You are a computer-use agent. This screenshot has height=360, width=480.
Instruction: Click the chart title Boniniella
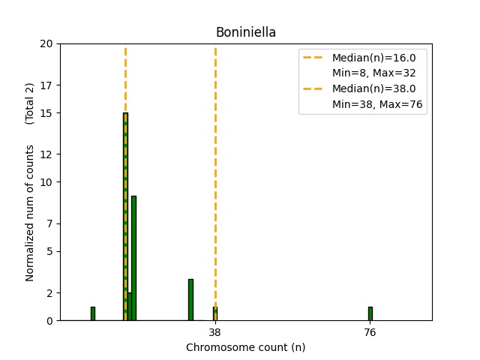[245, 32]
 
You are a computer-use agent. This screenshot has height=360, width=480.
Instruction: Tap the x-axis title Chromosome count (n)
[245, 347]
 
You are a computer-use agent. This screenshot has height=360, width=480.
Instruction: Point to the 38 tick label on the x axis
[214, 332]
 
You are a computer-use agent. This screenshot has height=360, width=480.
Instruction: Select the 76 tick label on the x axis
[370, 332]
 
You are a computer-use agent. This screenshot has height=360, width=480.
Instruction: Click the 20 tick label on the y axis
[46, 43]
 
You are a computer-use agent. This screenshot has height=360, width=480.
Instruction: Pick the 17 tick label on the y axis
[46, 85]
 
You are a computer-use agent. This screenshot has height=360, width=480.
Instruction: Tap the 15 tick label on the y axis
[46, 113]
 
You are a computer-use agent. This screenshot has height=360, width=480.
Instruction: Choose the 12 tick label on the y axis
[46, 154]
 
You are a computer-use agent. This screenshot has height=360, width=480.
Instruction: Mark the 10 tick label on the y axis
[46, 182]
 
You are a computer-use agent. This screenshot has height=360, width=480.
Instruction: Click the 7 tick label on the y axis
[49, 223]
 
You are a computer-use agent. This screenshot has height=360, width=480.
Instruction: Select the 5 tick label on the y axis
[49, 251]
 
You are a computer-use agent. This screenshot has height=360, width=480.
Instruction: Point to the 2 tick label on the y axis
[49, 293]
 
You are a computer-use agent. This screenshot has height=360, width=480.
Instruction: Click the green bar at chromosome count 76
[370, 313]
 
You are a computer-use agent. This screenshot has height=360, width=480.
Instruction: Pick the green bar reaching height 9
[133, 258]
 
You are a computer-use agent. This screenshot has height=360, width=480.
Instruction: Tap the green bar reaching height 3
[190, 300]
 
